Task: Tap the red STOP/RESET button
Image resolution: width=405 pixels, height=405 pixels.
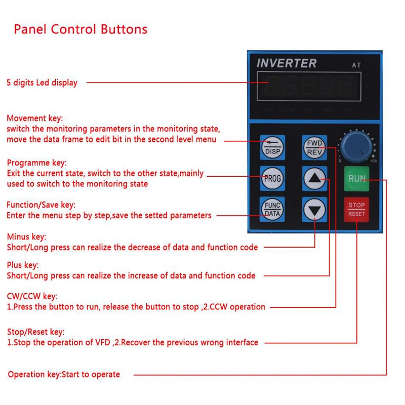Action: (356, 209)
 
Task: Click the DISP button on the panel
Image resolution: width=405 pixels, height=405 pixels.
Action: (272, 147)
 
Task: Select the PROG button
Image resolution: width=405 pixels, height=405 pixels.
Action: (272, 178)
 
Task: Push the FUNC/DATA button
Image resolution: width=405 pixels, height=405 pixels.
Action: (272, 209)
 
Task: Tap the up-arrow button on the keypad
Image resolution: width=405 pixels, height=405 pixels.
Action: (314, 178)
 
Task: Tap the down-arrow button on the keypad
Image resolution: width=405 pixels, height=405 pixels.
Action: (314, 209)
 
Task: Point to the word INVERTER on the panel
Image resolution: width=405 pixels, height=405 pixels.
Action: (287, 64)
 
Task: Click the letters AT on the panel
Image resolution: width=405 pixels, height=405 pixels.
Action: (356, 65)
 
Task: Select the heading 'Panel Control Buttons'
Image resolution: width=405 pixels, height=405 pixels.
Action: (80, 29)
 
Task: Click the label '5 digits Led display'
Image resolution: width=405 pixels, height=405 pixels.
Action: (42, 83)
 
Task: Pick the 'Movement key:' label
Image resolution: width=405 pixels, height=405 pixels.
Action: (34, 118)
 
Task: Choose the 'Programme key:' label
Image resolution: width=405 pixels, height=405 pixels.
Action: (36, 163)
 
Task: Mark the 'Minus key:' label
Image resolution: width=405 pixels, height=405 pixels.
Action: (26, 237)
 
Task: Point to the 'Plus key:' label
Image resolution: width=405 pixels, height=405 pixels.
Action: (23, 265)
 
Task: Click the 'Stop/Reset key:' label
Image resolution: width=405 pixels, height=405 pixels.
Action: (35, 332)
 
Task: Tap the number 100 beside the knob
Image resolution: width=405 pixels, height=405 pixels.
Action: (373, 161)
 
